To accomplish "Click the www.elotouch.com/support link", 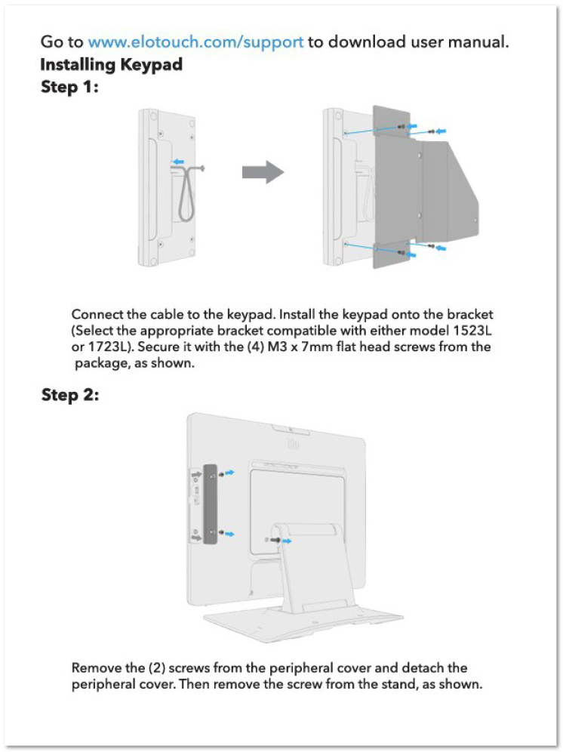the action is pyautogui.click(x=195, y=42).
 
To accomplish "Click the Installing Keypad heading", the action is pyautogui.click(x=111, y=64).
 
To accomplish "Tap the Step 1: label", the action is pyautogui.click(x=69, y=87).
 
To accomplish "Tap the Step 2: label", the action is pyautogui.click(x=70, y=395).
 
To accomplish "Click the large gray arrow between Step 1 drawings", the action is pyautogui.click(x=263, y=171).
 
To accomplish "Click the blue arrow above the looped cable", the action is pyautogui.click(x=178, y=162).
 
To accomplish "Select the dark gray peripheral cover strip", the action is pyautogui.click(x=210, y=504).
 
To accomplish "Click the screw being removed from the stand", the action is pyautogui.click(x=275, y=541).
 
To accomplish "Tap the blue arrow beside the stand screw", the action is pyautogui.click(x=286, y=541).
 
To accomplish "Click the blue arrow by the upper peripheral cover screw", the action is pyautogui.click(x=229, y=473).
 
